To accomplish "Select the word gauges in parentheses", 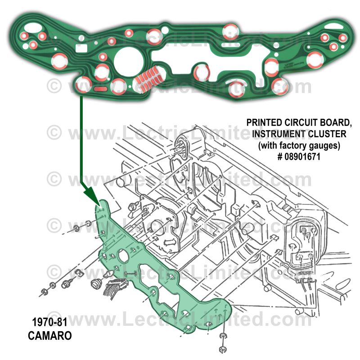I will pos(324,145).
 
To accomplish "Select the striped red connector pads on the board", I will pos(148,77).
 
